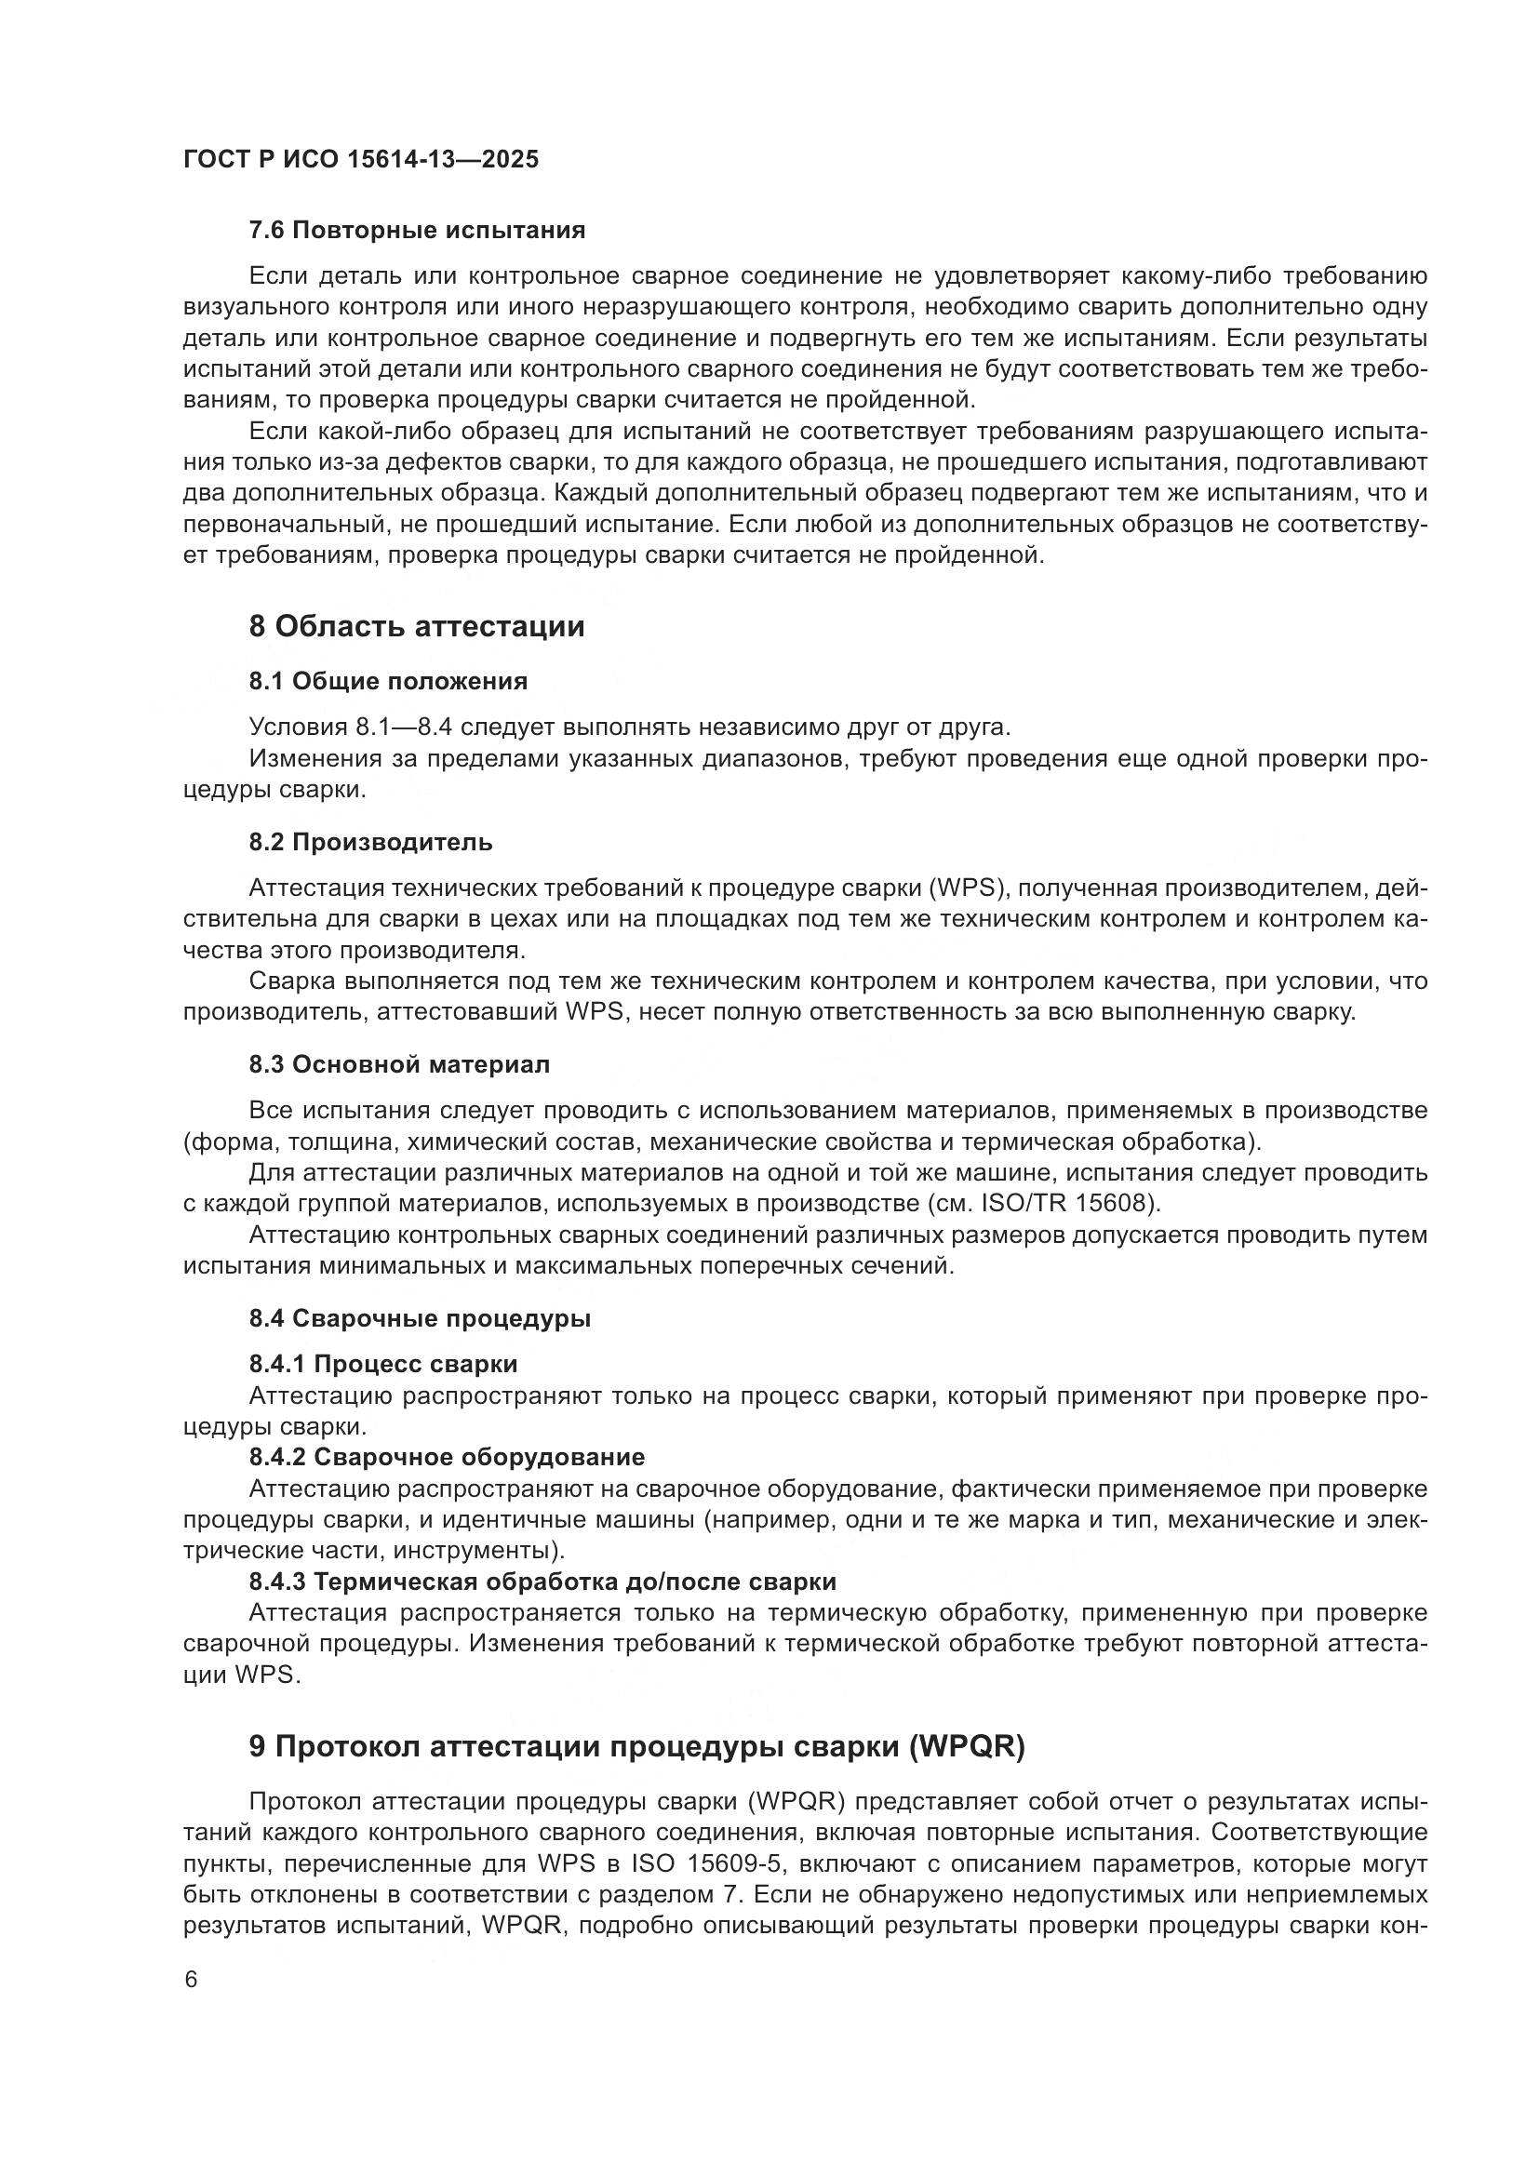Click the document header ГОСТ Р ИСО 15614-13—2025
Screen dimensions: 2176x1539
pyautogui.click(x=360, y=159)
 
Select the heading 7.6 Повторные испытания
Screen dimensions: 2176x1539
pyautogui.click(x=417, y=231)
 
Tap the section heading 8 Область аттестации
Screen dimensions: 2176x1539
pyautogui.click(x=417, y=626)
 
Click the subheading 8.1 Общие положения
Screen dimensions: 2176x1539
pyautogui.click(x=389, y=681)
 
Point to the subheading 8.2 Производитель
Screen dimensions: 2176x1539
pyautogui.click(x=370, y=842)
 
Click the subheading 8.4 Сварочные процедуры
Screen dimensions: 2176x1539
pyautogui.click(x=420, y=1318)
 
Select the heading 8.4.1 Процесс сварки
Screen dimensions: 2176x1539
pyautogui.click(x=383, y=1364)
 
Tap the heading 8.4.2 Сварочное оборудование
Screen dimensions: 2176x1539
pyautogui.click(x=448, y=1457)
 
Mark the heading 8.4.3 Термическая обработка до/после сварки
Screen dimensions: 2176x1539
pyautogui.click(x=542, y=1581)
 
